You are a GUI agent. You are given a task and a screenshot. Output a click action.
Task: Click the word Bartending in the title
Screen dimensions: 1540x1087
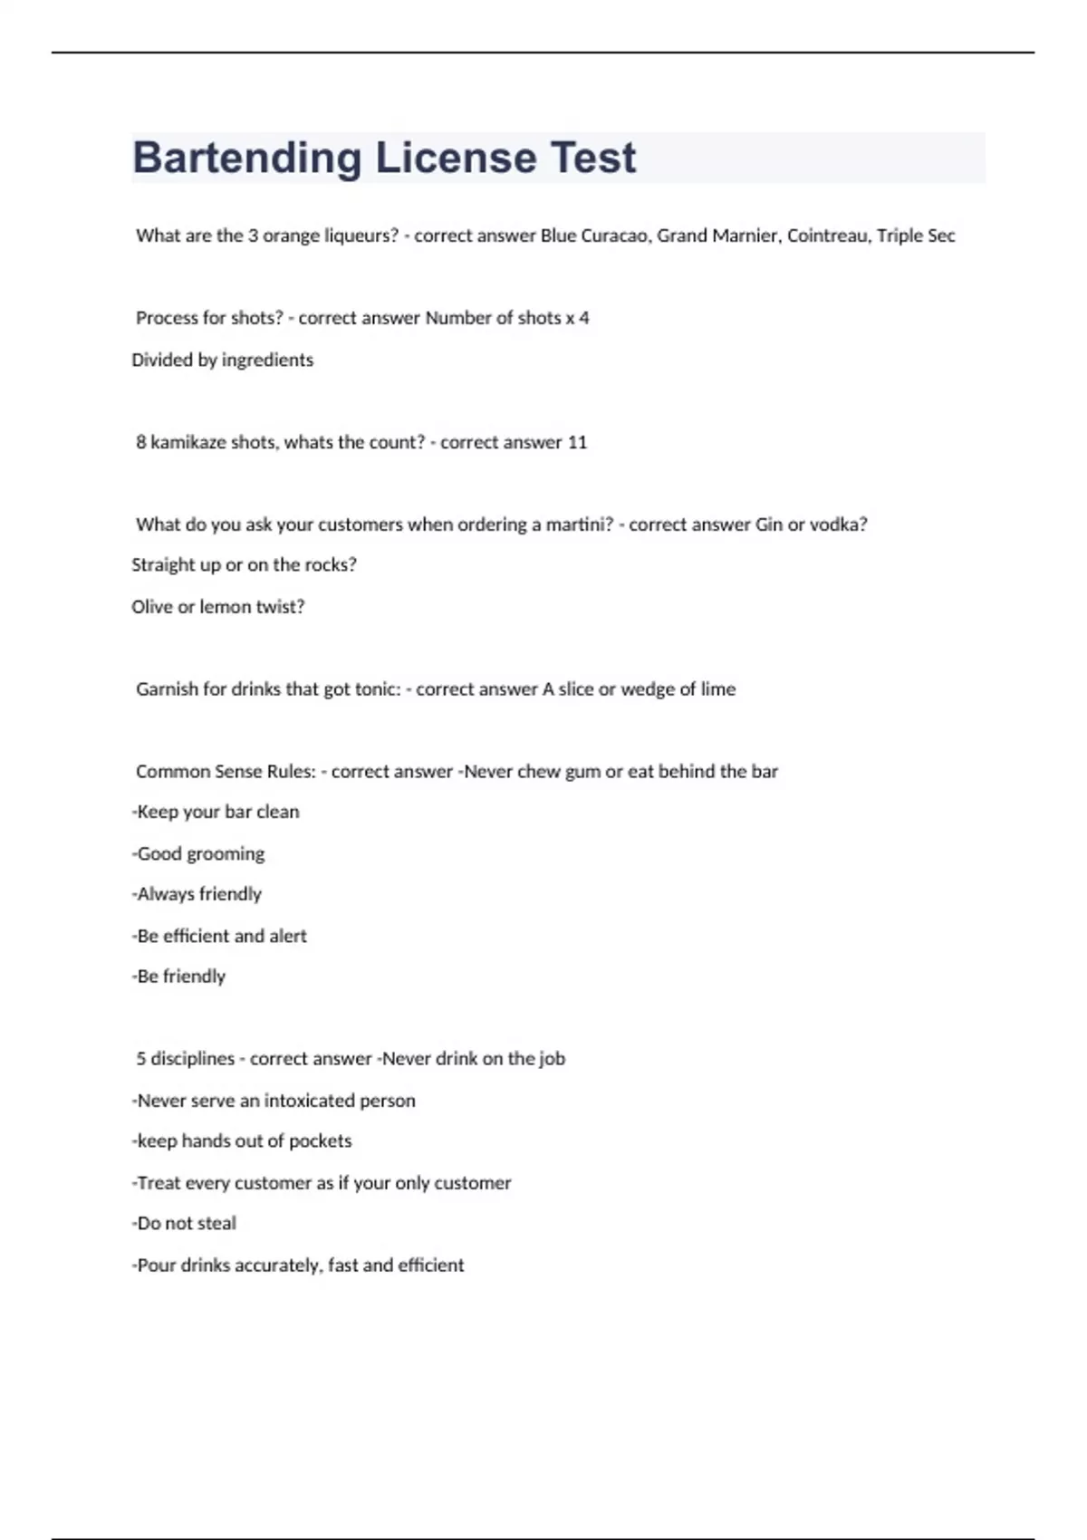pos(246,159)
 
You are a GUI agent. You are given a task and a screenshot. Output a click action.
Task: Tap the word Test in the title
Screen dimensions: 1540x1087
pos(593,159)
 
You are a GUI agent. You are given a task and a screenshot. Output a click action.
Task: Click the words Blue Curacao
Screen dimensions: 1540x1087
pos(594,236)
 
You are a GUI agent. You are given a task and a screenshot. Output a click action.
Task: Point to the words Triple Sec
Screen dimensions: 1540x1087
pos(916,236)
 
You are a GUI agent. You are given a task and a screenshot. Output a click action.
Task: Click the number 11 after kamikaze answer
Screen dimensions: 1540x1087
pos(577,442)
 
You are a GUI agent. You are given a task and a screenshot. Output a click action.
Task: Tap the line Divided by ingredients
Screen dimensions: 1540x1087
pos(223,360)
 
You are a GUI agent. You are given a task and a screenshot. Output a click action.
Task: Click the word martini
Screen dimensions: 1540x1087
pos(579,525)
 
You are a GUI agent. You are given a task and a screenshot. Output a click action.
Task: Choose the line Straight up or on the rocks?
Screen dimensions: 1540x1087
pos(245,565)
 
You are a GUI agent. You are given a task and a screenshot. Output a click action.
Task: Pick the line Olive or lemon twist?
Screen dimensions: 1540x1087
pos(218,607)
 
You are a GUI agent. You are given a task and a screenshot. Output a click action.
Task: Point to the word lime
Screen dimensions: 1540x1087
pos(718,689)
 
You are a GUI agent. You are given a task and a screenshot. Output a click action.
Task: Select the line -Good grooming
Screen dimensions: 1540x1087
pos(198,853)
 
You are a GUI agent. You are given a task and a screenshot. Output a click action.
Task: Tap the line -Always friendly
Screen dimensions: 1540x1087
pos(197,894)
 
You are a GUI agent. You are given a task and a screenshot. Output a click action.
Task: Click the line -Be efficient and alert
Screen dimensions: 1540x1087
pos(219,936)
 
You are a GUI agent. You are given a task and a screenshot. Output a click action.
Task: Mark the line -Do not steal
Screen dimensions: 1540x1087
pos(184,1223)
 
